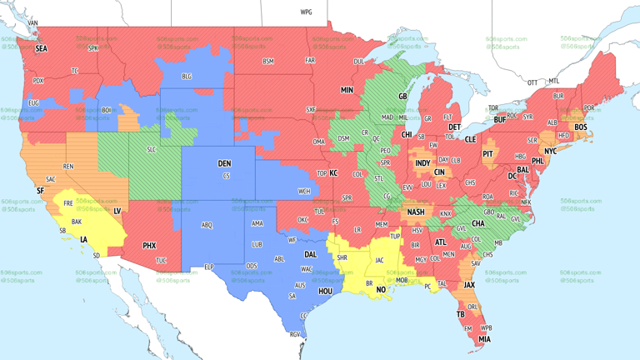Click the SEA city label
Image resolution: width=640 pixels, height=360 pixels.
point(41,49)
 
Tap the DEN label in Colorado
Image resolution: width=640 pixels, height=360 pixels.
point(224,163)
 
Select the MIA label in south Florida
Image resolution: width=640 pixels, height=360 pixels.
point(484,339)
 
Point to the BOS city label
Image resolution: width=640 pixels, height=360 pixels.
point(580,127)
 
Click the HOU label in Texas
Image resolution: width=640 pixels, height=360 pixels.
point(326,292)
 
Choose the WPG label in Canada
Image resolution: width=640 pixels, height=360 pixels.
point(306,12)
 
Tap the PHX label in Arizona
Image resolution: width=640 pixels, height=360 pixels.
point(149,245)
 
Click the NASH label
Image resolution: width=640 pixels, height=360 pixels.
point(416,212)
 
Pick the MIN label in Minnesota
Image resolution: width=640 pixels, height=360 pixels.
point(347,90)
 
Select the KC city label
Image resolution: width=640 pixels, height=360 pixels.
point(333,173)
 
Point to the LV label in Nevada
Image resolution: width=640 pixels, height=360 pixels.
point(117,211)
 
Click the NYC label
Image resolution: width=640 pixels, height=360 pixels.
point(550,152)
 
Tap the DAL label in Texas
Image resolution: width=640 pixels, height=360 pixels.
point(310,254)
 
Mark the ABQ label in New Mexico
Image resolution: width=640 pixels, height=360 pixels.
point(207,225)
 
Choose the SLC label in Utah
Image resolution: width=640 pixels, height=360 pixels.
point(151,149)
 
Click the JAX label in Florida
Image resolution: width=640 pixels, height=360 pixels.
point(470,285)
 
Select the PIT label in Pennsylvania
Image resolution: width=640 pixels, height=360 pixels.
point(488,154)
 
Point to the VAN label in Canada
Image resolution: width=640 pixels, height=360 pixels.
point(33,22)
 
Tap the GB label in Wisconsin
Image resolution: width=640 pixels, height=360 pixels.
point(402,97)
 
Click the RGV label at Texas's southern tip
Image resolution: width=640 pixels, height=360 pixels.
point(294,334)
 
